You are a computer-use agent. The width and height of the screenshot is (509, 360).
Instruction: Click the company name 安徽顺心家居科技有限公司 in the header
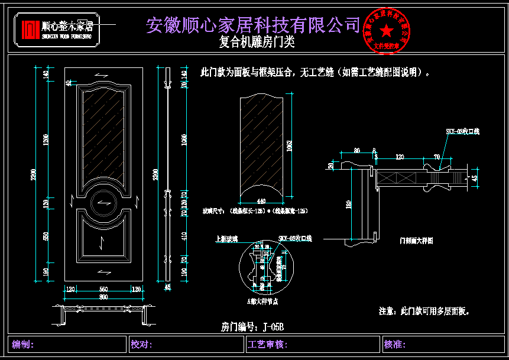click(x=253, y=24)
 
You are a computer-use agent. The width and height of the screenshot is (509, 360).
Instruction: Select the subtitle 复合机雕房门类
click(x=257, y=43)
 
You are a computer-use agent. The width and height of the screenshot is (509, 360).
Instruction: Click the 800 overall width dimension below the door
click(x=103, y=296)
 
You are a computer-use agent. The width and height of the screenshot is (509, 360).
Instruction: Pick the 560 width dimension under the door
click(x=103, y=289)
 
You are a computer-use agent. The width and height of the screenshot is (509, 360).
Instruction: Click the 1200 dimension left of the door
click(x=46, y=140)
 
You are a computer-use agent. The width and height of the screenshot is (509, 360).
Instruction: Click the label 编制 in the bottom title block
click(x=24, y=344)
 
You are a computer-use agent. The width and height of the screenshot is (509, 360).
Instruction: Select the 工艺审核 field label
click(x=268, y=344)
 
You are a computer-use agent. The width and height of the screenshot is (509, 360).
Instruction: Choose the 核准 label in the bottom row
click(x=394, y=344)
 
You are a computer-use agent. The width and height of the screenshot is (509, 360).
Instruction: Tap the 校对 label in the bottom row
click(x=142, y=344)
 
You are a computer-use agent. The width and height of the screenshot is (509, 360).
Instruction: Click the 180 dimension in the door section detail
click(x=348, y=205)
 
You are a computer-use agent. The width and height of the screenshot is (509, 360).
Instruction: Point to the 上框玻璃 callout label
click(x=226, y=239)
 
